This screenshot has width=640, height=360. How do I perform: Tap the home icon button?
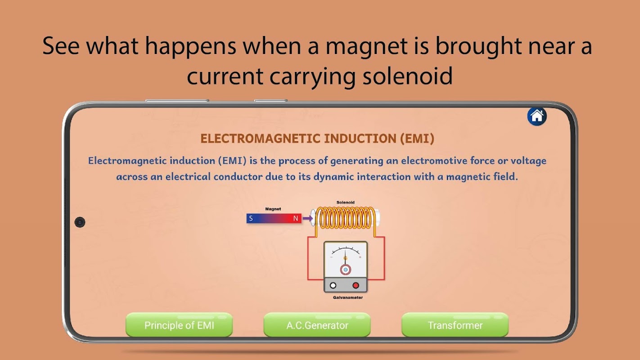(537, 116)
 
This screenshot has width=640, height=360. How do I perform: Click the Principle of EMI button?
(179, 325)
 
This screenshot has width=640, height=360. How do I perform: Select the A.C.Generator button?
(317, 325)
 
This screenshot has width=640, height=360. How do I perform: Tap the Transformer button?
(455, 325)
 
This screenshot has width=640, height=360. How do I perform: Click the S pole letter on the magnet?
(251, 219)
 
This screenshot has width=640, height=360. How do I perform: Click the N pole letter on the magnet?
(296, 219)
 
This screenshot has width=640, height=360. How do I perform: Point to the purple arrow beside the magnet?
(307, 219)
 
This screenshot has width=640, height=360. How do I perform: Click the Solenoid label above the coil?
(345, 202)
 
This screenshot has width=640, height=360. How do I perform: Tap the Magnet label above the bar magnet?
(273, 209)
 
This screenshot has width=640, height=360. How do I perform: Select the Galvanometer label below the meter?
(348, 297)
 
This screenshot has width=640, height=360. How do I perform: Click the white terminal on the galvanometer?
(333, 285)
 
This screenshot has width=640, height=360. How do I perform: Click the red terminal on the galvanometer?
(356, 285)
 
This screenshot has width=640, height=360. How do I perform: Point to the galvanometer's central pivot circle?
(345, 270)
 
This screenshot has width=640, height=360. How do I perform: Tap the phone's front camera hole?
(80, 222)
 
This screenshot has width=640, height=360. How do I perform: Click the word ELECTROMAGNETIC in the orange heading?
(260, 139)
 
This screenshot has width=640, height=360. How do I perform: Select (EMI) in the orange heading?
(417, 139)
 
